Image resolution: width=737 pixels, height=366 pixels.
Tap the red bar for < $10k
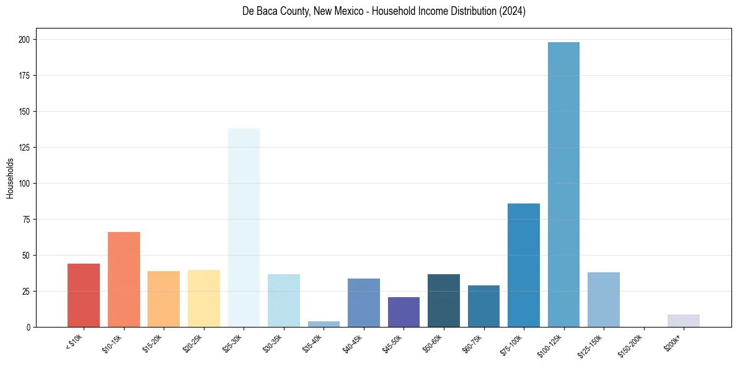(x=84, y=295)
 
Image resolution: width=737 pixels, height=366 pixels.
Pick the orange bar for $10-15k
(x=124, y=279)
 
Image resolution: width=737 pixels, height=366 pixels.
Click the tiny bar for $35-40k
(x=324, y=324)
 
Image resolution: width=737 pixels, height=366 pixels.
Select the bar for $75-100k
(x=524, y=265)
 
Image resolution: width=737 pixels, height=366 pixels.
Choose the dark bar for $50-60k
(x=444, y=300)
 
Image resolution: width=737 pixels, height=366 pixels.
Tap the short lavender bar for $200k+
(x=684, y=321)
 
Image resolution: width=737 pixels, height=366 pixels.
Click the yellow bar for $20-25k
(x=204, y=298)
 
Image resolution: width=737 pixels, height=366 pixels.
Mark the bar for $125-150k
(x=604, y=300)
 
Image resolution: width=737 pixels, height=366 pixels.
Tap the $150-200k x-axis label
(x=631, y=344)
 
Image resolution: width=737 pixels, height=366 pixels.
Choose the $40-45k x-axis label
(x=353, y=343)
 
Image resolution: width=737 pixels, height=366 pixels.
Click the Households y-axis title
(x=10, y=178)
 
